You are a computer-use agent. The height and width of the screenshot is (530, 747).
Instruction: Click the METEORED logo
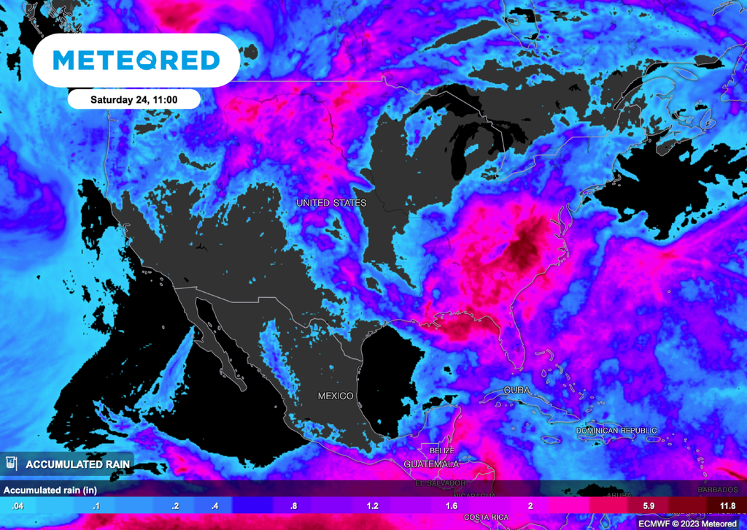click(x=136, y=60)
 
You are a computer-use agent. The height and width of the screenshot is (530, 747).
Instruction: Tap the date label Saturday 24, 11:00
click(x=134, y=99)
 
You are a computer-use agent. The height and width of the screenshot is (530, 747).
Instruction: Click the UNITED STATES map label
click(x=330, y=202)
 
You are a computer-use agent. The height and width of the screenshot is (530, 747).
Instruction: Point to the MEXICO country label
click(x=336, y=396)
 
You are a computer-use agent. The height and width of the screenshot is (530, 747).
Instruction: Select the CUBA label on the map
click(x=516, y=391)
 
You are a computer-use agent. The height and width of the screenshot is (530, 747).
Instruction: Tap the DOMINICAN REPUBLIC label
click(x=616, y=431)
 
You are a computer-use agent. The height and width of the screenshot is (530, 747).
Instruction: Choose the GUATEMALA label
click(x=431, y=464)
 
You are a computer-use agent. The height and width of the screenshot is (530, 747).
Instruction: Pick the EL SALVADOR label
click(x=440, y=483)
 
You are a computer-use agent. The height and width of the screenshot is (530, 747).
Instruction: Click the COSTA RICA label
click(x=486, y=517)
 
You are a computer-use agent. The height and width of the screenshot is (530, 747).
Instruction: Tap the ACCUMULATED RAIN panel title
click(x=78, y=464)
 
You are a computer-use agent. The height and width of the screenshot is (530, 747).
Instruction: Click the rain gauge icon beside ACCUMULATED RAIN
click(x=11, y=464)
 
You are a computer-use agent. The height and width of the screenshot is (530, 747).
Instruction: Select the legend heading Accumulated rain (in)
click(x=50, y=489)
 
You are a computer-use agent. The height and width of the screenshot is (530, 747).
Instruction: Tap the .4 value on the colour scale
click(x=214, y=506)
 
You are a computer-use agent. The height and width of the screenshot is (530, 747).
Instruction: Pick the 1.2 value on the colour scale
click(x=373, y=506)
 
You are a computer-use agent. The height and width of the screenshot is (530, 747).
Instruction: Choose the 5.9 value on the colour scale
click(x=649, y=506)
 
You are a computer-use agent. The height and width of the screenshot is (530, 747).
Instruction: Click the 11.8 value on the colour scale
click(x=727, y=506)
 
